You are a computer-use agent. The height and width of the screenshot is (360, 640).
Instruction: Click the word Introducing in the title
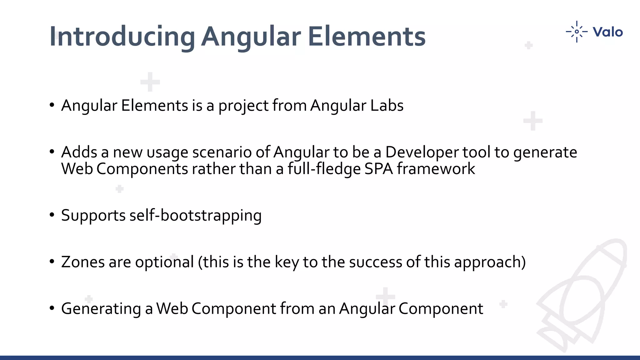point(122,37)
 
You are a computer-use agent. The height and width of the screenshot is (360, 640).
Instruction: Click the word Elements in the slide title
point(366,37)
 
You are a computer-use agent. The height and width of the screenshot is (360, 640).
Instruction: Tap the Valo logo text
point(607,32)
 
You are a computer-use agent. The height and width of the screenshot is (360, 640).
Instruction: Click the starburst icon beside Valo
point(577,32)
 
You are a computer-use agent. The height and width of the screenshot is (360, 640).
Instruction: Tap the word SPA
point(378,169)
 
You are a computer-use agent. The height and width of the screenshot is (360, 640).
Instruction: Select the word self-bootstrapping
point(195,216)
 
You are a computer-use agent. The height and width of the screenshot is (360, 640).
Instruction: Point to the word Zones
point(83,262)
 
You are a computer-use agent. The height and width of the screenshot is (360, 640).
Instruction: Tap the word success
point(375,262)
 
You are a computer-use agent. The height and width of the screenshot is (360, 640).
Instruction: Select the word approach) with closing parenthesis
point(490,262)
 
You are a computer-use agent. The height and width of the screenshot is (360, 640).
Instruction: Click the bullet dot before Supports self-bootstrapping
point(52,215)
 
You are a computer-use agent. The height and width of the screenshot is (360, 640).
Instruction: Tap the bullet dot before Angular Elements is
point(52,105)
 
